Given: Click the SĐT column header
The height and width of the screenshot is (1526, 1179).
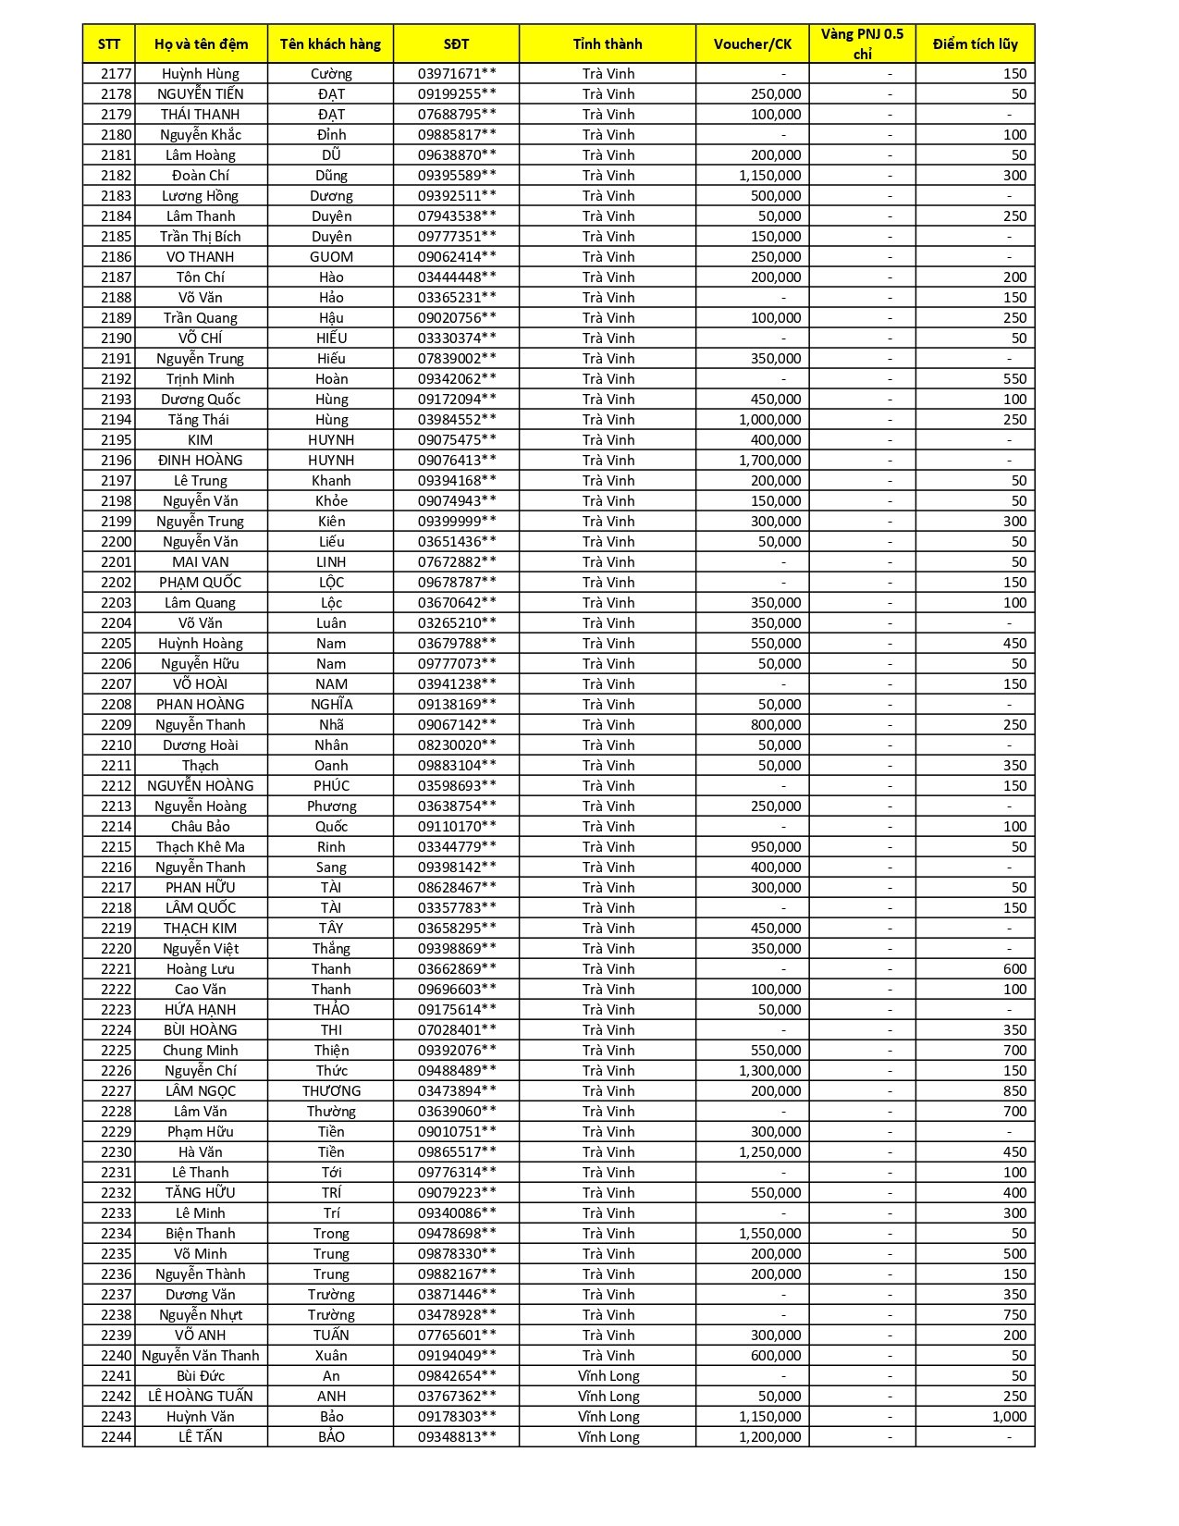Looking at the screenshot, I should click(x=456, y=43).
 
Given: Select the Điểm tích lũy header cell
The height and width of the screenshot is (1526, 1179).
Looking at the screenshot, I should click(x=975, y=43).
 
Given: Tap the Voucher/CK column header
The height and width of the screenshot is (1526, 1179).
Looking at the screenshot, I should click(x=752, y=43).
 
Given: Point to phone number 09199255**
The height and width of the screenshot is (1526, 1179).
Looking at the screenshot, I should click(x=456, y=94).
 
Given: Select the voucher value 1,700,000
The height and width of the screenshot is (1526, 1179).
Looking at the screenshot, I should click(x=769, y=461).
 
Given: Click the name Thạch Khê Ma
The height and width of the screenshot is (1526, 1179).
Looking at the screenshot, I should click(x=201, y=847).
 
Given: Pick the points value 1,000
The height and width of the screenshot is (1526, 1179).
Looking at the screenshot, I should click(x=1009, y=1417).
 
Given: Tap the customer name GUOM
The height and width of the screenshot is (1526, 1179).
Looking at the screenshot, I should click(x=331, y=257).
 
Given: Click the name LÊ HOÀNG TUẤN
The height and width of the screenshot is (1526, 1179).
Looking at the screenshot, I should click(x=201, y=1397).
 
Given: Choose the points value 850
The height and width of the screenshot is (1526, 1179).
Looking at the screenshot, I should click(x=1014, y=1091).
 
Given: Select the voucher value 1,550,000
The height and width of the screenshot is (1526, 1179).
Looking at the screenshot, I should click(x=769, y=1234).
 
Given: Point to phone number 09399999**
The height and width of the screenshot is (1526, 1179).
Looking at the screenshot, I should click(x=456, y=522).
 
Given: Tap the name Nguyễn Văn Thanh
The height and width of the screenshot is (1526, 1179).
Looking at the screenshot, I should click(x=201, y=1356).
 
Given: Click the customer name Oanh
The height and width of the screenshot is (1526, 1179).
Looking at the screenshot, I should click(x=331, y=766).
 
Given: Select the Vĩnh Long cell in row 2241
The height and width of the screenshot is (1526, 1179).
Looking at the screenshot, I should click(x=608, y=1376).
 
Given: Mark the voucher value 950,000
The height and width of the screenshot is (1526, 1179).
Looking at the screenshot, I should click(x=776, y=847).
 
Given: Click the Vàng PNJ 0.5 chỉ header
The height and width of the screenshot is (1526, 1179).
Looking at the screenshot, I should click(x=862, y=43).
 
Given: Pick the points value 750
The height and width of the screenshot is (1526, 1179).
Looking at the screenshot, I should click(x=1014, y=1315).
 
